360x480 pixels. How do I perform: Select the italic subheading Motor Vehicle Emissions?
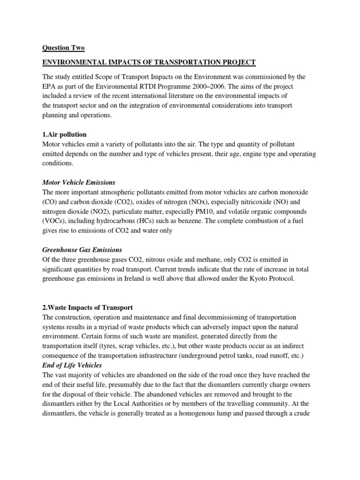coord(79,182)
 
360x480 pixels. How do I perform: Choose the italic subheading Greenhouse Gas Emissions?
coord(82,250)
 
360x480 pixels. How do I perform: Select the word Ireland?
coord(139,279)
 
